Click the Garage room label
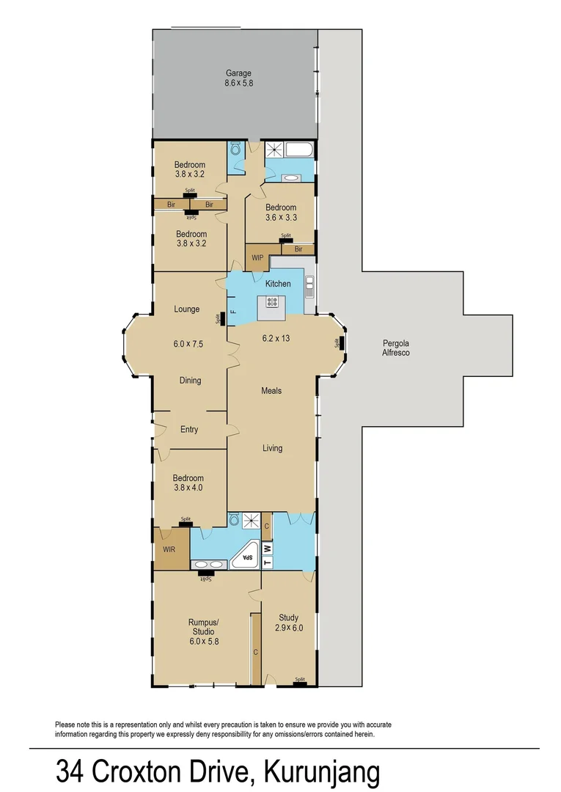click(238, 73)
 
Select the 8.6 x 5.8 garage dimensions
click(238, 84)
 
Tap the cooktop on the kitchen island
click(271, 301)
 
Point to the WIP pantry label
click(257, 258)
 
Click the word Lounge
click(186, 309)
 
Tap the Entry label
click(189, 430)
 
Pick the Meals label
click(271, 391)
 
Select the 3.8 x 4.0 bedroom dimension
click(189, 488)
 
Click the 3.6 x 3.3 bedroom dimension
click(281, 218)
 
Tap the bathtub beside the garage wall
click(298, 150)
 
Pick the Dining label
click(190, 381)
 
